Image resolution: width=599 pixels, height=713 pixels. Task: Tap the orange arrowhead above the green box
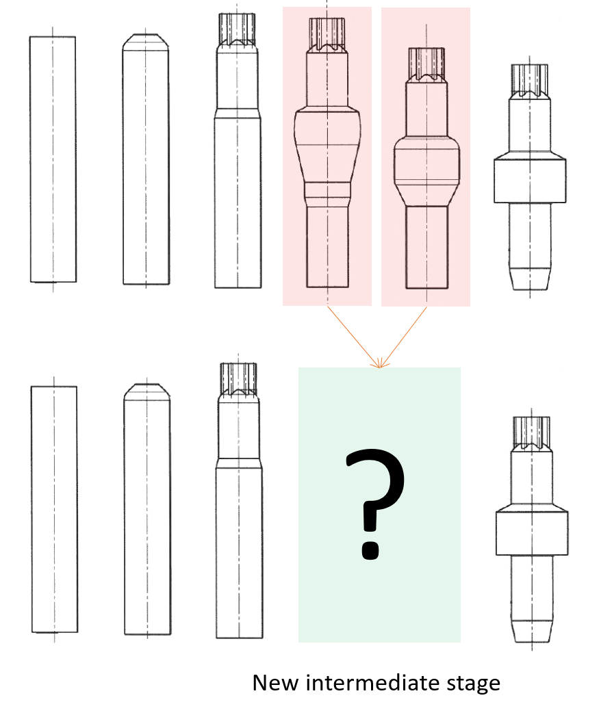[x=379, y=364]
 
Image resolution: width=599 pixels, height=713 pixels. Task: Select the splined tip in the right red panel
[x=425, y=62]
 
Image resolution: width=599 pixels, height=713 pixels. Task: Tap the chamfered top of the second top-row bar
[x=146, y=41]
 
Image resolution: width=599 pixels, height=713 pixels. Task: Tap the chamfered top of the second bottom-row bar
[x=146, y=390]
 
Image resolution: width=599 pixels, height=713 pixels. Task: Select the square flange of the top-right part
[x=531, y=179]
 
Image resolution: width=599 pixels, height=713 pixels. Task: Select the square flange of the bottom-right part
[x=533, y=530]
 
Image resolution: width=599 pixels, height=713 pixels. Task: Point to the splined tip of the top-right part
[x=531, y=79]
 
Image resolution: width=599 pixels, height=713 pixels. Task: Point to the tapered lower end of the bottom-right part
[x=533, y=631]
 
